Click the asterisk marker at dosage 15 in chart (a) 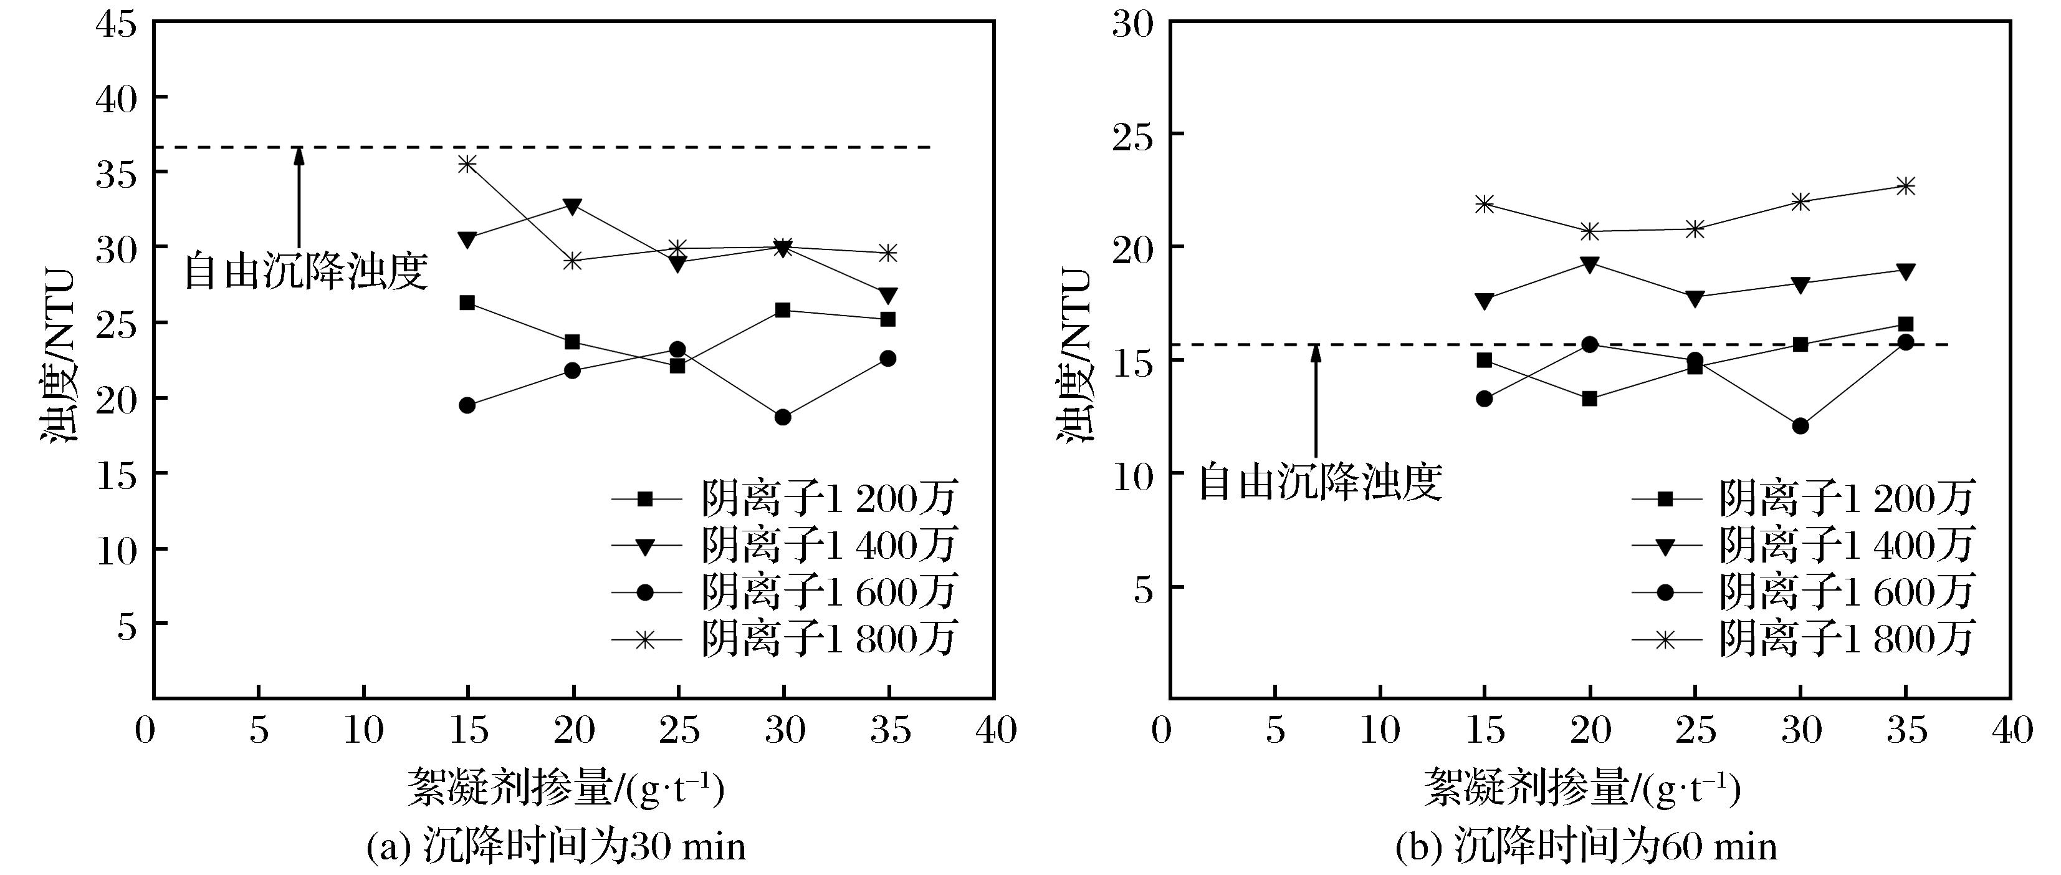[467, 163]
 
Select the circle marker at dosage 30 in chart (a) [783, 417]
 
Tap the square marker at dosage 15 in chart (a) [467, 302]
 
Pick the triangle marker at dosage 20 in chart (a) [573, 206]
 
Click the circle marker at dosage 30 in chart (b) [1800, 426]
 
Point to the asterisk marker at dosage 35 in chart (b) [1906, 186]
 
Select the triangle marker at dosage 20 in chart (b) [1590, 264]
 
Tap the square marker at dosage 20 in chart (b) [1590, 399]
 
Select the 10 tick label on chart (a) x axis [363, 730]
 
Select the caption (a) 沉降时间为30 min [555, 847]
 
